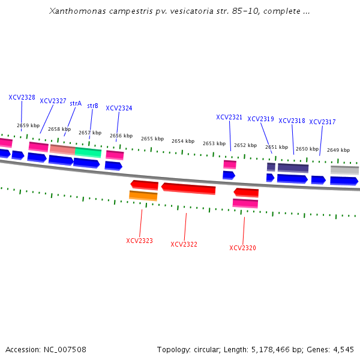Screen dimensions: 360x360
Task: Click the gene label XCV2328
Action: [x=22, y=97]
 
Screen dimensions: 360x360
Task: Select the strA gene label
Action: [x=76, y=103]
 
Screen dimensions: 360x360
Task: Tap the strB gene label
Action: [x=92, y=106]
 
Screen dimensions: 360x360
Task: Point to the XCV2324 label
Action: [x=119, y=108]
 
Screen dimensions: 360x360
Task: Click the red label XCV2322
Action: [x=184, y=244]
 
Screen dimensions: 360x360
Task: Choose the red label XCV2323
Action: [x=139, y=241]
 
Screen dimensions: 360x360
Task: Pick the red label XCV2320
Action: [x=242, y=248]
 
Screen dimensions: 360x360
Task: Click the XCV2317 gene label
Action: [x=322, y=122]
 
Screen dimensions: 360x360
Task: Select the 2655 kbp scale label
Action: [x=152, y=139]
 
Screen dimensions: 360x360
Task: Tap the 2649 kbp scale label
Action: [x=338, y=150]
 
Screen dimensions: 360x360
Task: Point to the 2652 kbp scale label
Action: [x=245, y=145]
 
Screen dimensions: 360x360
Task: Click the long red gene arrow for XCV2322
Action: [x=188, y=188]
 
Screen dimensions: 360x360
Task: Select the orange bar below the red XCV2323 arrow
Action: [x=143, y=196]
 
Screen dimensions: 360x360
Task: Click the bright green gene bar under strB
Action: [x=88, y=152]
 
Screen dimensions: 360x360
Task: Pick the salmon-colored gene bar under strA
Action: [x=62, y=149]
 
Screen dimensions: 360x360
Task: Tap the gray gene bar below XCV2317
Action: [x=344, y=170]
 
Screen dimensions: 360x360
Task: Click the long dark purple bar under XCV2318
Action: [x=293, y=168]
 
